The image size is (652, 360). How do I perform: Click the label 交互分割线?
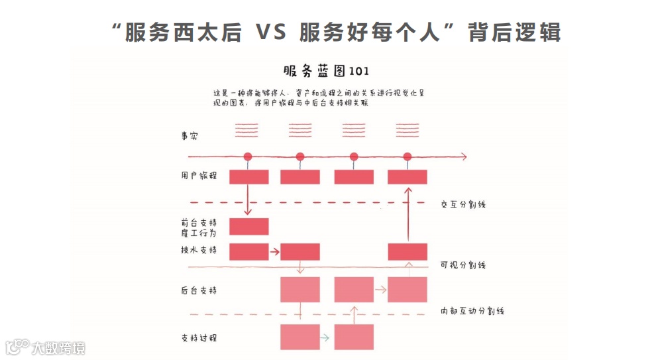[x=463, y=204]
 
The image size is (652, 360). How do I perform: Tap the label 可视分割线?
[x=463, y=265]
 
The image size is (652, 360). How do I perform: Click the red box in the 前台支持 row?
[x=248, y=226]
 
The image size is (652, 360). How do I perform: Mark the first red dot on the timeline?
[x=248, y=157]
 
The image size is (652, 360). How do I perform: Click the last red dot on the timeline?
[x=407, y=157]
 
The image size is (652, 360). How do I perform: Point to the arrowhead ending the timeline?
[x=464, y=157]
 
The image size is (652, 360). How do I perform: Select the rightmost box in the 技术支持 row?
[x=407, y=252]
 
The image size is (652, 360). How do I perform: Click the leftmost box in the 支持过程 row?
[x=300, y=337]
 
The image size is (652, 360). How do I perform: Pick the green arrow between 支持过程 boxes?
[x=325, y=337]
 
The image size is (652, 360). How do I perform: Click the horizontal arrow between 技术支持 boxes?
[x=274, y=252]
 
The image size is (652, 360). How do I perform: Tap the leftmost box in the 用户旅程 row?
[x=248, y=177]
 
